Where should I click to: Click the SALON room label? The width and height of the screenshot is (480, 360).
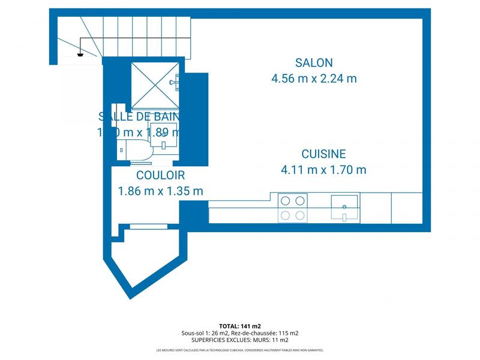[314, 62]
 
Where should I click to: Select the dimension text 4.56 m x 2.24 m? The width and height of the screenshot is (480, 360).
[314, 79]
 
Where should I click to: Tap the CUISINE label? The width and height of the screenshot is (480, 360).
[323, 154]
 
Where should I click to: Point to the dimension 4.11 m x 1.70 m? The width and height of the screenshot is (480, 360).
[323, 170]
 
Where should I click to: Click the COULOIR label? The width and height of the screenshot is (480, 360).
[160, 175]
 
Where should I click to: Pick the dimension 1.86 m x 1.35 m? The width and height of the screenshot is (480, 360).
[160, 191]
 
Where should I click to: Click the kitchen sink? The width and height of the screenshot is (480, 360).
[344, 208]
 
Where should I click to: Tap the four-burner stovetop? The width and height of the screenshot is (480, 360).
[293, 208]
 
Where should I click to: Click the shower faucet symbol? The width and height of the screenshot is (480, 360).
[175, 81]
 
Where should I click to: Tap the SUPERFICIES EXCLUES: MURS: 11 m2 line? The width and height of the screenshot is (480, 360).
[239, 340]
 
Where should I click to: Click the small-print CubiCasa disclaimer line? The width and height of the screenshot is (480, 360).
[239, 350]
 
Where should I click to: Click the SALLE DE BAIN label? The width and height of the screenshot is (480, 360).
[139, 116]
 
